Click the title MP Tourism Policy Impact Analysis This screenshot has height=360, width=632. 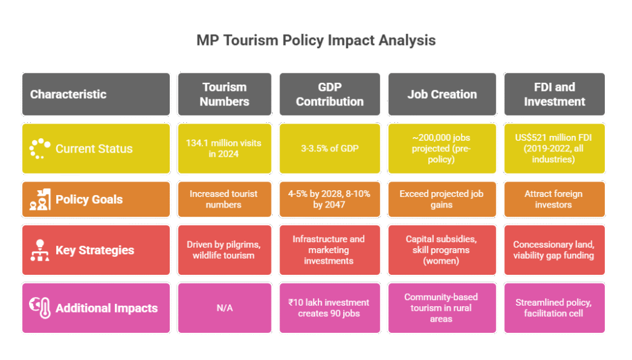(x=315, y=41)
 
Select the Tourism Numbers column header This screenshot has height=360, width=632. (x=224, y=94)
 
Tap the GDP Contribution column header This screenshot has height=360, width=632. (x=330, y=94)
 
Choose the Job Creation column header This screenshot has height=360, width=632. (x=442, y=94)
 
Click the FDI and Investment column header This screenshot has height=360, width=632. (x=554, y=94)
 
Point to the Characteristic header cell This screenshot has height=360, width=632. (x=96, y=94)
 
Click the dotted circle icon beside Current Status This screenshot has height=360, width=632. (x=40, y=148)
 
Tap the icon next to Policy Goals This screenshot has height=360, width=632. (x=40, y=199)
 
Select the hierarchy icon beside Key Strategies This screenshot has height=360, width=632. (x=40, y=250)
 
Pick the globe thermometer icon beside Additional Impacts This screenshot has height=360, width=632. (x=40, y=308)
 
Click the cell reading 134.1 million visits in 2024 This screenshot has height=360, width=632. (x=224, y=148)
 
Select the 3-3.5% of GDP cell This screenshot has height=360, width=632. (x=330, y=148)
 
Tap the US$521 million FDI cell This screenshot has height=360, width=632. (x=554, y=148)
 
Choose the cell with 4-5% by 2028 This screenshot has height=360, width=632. (x=330, y=199)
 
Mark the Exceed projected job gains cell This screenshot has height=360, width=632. (x=442, y=199)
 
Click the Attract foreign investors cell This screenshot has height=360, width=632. (x=554, y=199)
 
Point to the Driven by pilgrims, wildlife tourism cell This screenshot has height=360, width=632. (x=224, y=250)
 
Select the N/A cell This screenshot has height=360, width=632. (x=224, y=308)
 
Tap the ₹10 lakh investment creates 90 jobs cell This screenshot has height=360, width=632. (x=330, y=308)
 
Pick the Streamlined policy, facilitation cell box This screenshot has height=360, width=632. (x=554, y=308)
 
